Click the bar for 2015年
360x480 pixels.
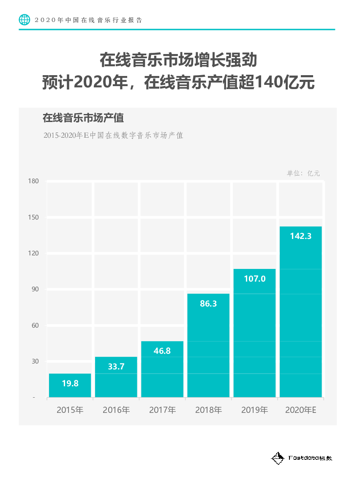(x=70, y=385)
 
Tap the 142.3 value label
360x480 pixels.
(x=301, y=236)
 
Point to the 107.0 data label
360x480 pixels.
(x=255, y=279)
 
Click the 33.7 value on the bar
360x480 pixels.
(x=116, y=366)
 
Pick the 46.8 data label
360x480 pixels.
(x=162, y=350)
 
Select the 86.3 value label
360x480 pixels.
(x=208, y=303)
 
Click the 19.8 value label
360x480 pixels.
(x=70, y=383)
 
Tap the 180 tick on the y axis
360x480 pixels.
(x=33, y=181)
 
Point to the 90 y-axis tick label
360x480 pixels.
(x=35, y=289)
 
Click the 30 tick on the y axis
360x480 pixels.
(x=35, y=361)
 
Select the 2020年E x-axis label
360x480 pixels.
(x=301, y=410)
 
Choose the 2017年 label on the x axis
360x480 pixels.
(x=162, y=410)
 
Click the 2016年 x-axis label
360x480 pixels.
(x=116, y=410)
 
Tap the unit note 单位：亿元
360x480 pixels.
(x=303, y=173)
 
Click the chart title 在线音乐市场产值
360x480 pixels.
(x=83, y=118)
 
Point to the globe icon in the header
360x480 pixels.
(x=25, y=19)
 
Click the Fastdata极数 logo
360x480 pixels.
(x=302, y=458)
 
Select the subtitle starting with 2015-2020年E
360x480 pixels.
(x=113, y=136)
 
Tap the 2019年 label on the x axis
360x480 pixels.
(x=255, y=410)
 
